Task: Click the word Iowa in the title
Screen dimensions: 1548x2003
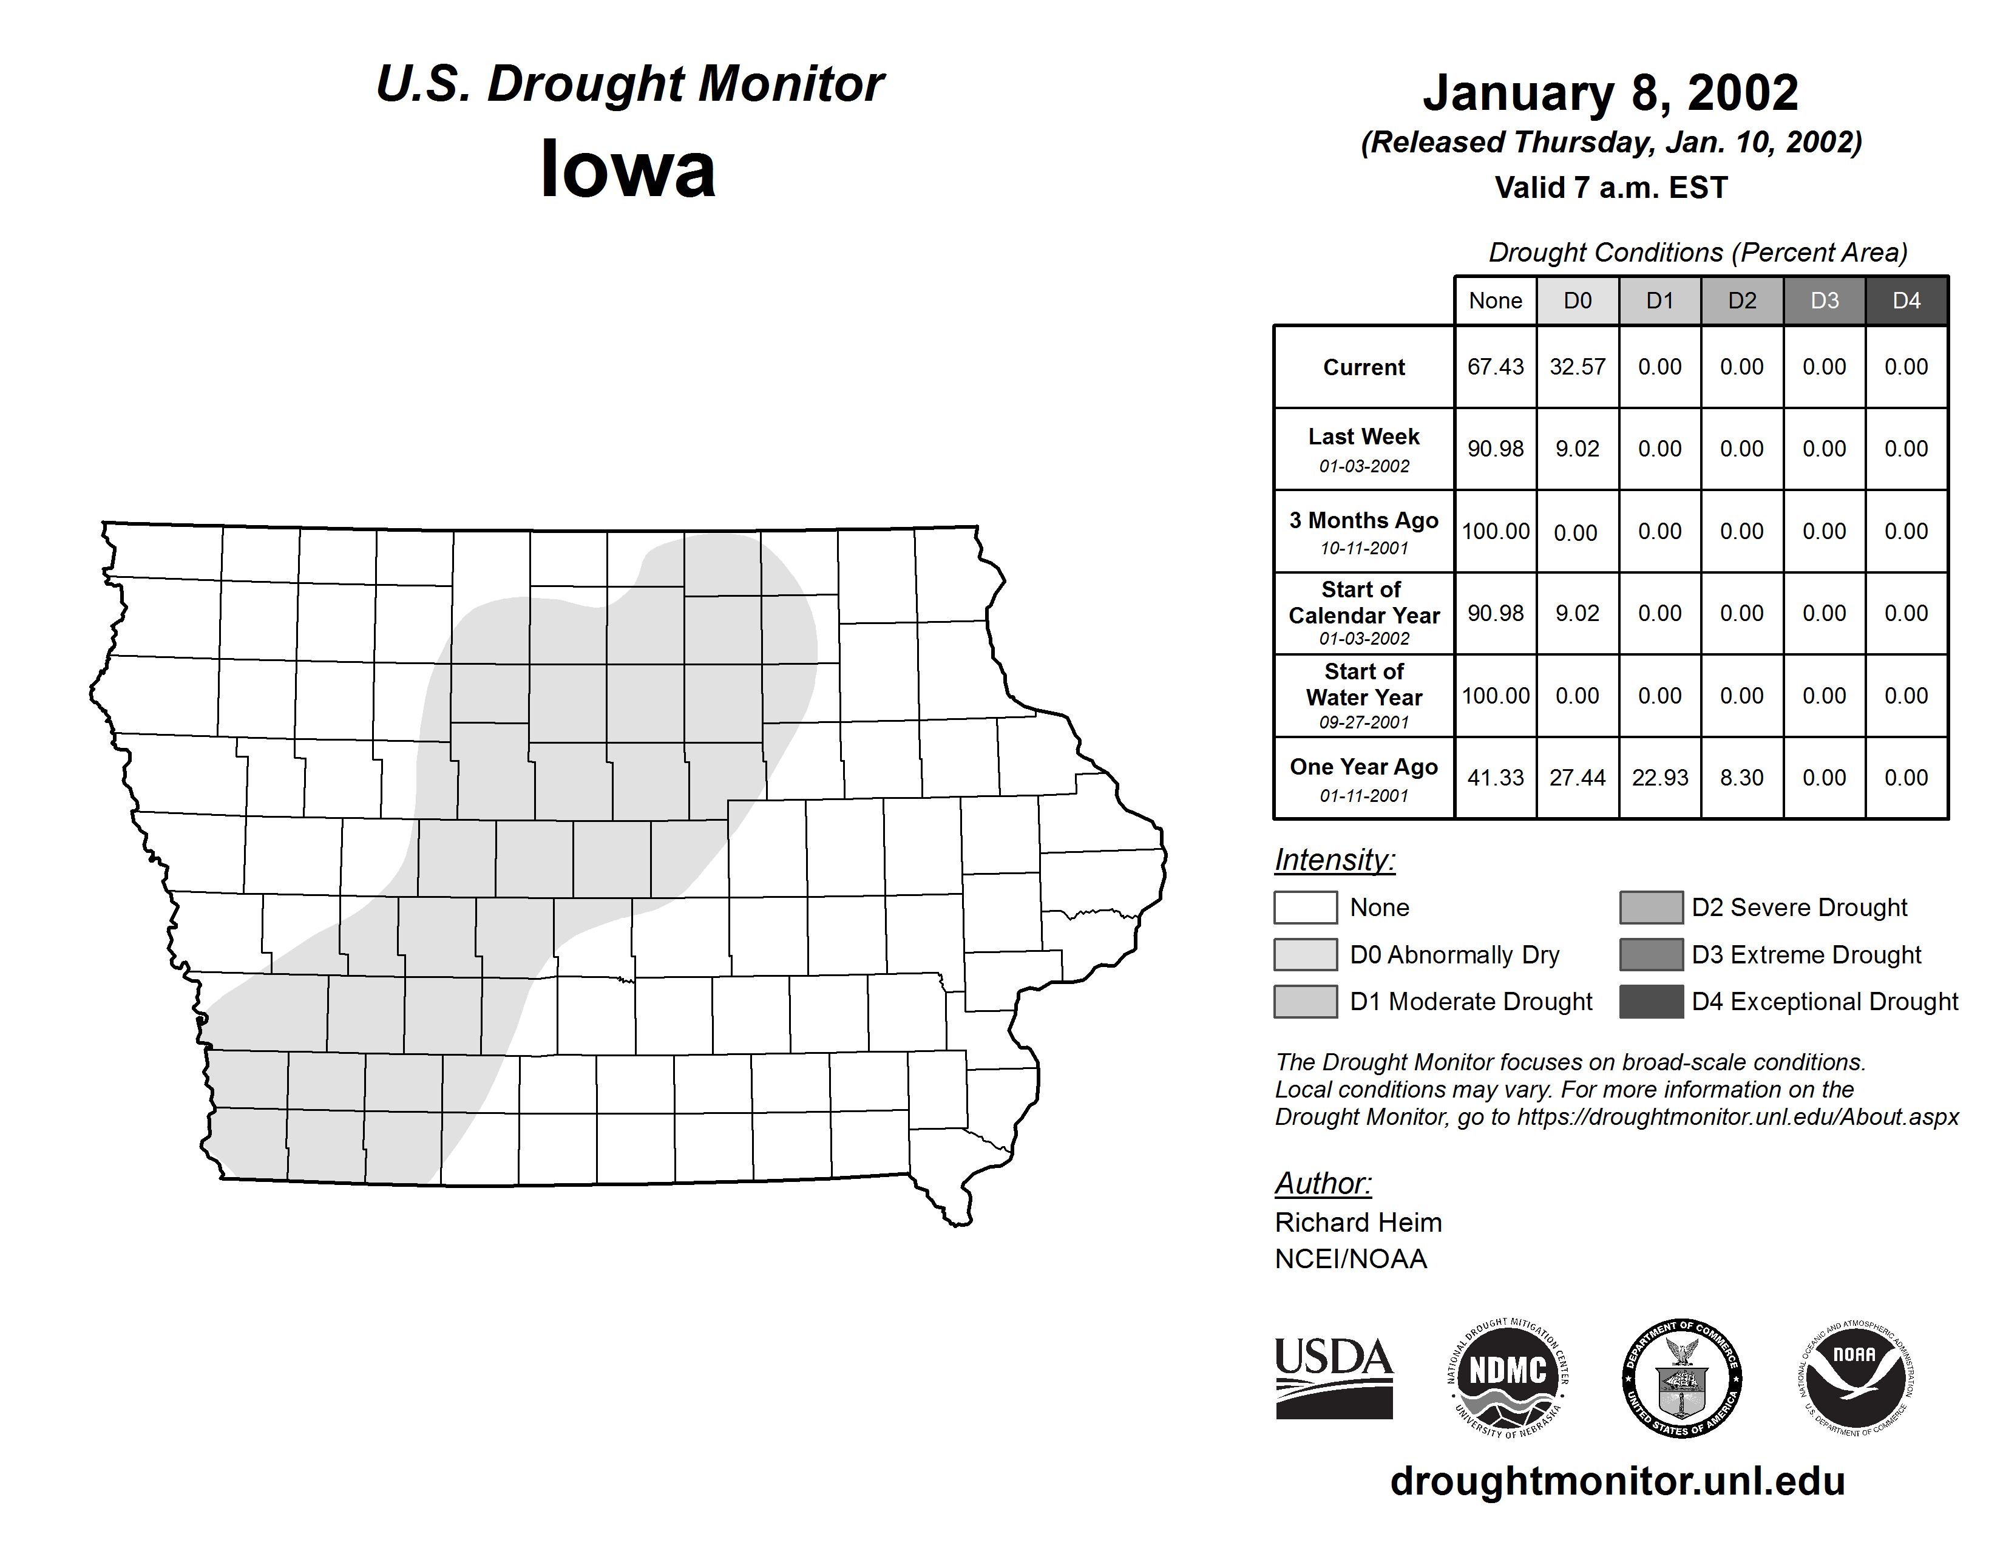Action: (628, 169)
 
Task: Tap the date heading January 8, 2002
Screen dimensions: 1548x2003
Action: (1610, 93)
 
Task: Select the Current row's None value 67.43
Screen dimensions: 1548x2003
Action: (1495, 367)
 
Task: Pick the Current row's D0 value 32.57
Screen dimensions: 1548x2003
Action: (1578, 367)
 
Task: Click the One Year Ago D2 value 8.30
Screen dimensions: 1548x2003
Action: (1741, 778)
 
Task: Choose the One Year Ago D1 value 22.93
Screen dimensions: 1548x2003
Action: (1660, 778)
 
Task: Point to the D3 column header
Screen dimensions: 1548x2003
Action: (1824, 300)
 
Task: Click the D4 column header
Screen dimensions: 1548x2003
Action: (1906, 300)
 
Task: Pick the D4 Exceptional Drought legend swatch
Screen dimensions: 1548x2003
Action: (1651, 1002)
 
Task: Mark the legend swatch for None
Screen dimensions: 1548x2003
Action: (1305, 907)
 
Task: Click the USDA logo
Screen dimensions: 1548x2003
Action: (1334, 1377)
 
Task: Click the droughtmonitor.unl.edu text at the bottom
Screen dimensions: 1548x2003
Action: (1618, 1481)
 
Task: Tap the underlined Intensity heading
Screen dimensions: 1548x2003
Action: (1334, 860)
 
